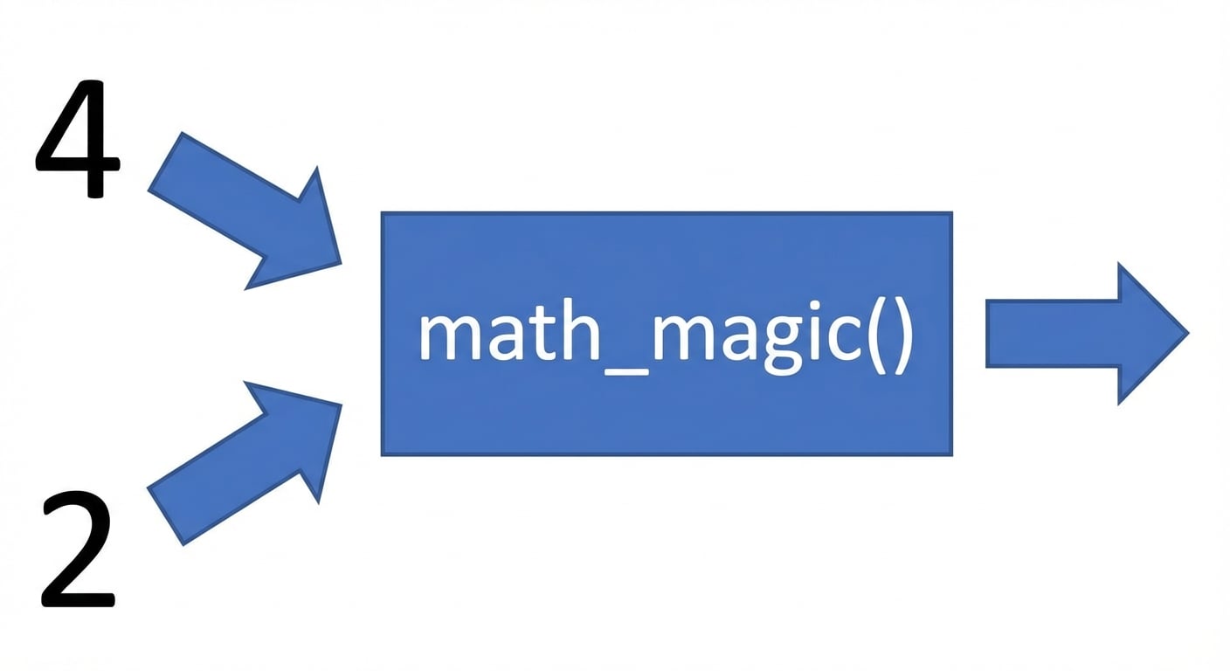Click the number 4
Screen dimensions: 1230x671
(x=78, y=138)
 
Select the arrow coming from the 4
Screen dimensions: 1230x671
(x=245, y=211)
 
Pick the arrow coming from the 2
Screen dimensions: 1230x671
(x=245, y=463)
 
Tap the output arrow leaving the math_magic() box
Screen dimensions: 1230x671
(x=1088, y=333)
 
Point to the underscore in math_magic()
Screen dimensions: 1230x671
(x=626, y=371)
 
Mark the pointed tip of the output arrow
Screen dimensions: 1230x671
(x=1189, y=333)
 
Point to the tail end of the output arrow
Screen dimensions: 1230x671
(x=987, y=333)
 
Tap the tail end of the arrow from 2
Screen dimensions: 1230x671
(x=165, y=516)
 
